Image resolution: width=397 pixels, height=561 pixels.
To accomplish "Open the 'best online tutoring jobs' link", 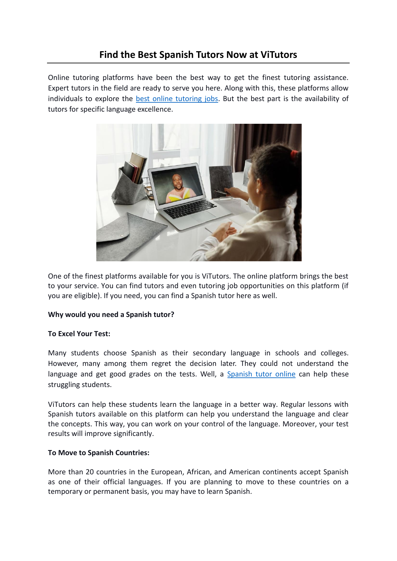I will [177, 99].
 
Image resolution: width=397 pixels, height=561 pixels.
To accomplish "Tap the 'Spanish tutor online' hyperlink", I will [261, 374].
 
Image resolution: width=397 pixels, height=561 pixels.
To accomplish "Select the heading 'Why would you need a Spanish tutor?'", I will [111, 315].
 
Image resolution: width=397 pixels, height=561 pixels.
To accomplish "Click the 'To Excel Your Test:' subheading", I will [79, 334].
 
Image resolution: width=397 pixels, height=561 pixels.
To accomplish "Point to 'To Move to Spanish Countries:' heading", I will [99, 453].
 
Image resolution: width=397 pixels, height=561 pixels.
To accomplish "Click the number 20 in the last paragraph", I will [90, 472].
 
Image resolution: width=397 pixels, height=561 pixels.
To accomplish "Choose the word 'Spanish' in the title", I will [174, 55].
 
